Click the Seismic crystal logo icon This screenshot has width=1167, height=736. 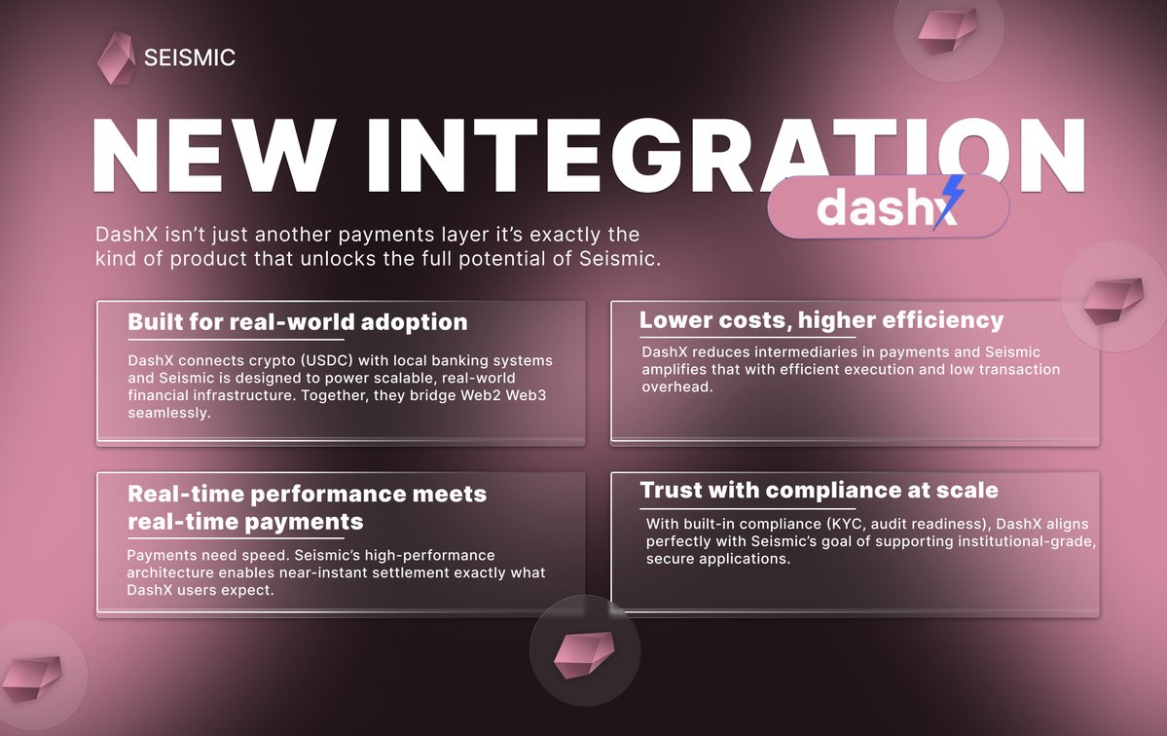click(x=116, y=57)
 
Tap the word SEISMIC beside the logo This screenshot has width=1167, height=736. click(x=190, y=57)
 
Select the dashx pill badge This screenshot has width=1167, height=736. click(x=888, y=207)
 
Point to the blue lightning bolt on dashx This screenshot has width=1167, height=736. click(x=949, y=201)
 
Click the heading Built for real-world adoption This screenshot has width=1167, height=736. click(x=298, y=321)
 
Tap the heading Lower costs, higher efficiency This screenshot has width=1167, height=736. click(x=821, y=320)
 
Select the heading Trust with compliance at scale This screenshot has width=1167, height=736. click(x=819, y=490)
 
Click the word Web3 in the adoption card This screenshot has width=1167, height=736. click(x=527, y=395)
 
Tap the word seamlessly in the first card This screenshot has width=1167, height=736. click(x=169, y=413)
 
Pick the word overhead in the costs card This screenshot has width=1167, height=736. click(x=677, y=386)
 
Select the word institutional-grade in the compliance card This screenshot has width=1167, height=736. click(x=1027, y=541)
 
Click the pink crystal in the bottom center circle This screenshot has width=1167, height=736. click(x=584, y=654)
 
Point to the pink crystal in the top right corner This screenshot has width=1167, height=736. click(x=947, y=30)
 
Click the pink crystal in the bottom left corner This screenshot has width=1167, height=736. click(x=31, y=678)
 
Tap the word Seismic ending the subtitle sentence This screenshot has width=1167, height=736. click(x=617, y=259)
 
